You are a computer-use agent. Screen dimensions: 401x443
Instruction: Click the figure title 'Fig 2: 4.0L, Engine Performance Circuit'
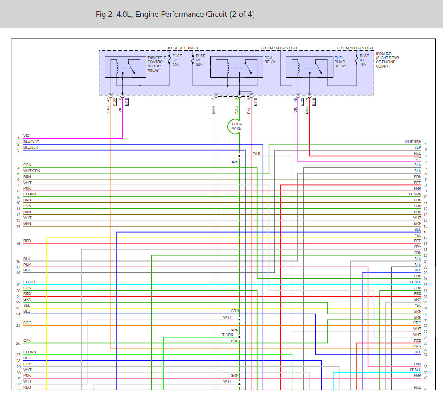point(175,15)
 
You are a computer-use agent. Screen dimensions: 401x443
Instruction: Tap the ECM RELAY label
point(270,60)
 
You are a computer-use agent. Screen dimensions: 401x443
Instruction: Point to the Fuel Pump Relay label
point(341,62)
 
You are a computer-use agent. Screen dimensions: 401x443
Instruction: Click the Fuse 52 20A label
point(177,60)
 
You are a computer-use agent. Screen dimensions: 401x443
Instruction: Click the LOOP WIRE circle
point(237,126)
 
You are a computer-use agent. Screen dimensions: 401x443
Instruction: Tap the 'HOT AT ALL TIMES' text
point(182,48)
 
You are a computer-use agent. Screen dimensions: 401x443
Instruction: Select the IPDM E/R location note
point(387,60)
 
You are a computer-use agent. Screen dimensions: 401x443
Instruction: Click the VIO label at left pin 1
point(26,135)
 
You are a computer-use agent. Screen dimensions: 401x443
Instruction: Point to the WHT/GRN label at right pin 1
point(413,141)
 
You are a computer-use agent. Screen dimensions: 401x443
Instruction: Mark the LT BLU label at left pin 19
point(29,282)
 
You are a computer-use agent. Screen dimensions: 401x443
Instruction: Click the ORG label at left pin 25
point(27,323)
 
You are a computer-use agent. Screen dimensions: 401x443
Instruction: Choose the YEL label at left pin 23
point(27,305)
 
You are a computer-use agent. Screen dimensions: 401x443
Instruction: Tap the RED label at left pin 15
point(27,241)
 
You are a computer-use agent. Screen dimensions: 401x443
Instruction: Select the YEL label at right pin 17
point(417,235)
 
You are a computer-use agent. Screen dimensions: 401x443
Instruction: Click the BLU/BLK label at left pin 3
point(31,147)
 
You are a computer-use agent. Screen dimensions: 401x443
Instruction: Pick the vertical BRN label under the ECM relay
point(213,110)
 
